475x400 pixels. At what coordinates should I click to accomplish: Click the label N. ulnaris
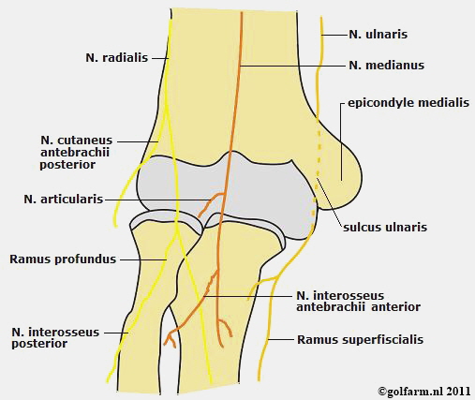(378, 35)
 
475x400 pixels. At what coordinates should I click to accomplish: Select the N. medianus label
(387, 66)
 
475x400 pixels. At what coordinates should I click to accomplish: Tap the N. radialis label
(117, 58)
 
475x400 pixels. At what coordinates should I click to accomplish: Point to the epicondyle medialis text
(408, 103)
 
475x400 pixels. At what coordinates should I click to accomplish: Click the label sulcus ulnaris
(385, 227)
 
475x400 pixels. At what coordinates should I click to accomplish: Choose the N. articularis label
(64, 199)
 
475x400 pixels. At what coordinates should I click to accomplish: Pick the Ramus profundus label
(63, 259)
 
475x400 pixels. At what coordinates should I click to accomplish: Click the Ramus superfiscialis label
(360, 339)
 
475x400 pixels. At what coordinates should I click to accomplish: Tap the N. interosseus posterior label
(55, 337)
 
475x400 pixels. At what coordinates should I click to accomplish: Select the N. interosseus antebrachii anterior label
(358, 301)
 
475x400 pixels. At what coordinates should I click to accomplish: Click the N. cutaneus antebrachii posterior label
(76, 153)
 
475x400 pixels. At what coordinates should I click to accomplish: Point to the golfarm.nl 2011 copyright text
(424, 392)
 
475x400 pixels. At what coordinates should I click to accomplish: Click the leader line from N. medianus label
(293, 66)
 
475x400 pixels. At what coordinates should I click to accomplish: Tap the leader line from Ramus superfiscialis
(281, 339)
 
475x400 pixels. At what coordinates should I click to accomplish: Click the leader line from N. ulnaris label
(334, 35)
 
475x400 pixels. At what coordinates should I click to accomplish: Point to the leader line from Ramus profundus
(143, 259)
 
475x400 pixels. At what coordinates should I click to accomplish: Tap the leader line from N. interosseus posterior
(116, 333)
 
